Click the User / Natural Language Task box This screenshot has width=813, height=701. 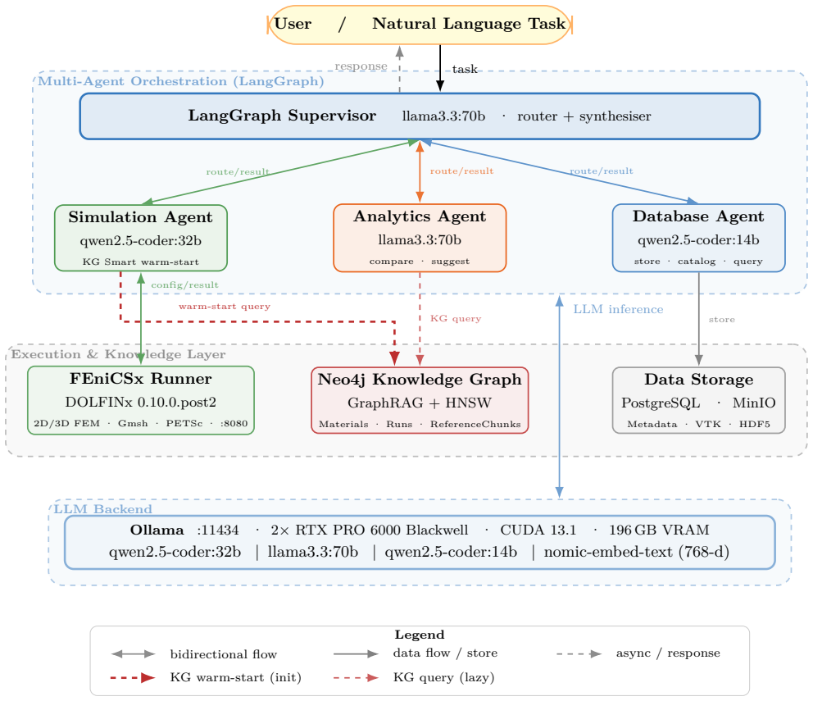click(420, 25)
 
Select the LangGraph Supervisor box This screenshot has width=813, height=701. click(420, 116)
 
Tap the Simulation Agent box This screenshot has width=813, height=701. click(140, 238)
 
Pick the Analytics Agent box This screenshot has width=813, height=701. click(420, 238)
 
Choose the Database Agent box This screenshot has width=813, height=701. click(698, 238)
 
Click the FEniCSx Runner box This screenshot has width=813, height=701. click(140, 400)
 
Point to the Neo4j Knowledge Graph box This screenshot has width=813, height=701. click(420, 400)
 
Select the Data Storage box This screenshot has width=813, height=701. click(698, 400)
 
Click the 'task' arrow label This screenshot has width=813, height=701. click(465, 69)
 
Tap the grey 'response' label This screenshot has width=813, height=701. click(361, 66)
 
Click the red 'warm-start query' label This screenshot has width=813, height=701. click(225, 306)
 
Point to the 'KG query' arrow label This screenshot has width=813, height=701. click(456, 318)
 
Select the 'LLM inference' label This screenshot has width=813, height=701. click(618, 309)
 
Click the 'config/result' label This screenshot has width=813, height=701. click(184, 284)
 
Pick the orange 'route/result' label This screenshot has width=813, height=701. click(461, 171)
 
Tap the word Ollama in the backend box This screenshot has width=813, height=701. click(157, 530)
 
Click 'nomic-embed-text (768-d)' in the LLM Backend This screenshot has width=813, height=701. click(637, 552)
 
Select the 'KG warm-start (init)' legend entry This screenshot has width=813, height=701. click(235, 678)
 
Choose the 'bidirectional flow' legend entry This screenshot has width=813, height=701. click(224, 654)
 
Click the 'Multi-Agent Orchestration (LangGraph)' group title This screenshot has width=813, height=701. click(181, 81)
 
